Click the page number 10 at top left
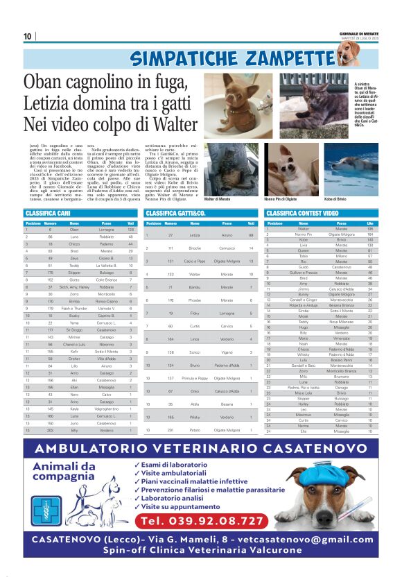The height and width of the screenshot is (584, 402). click(x=28, y=37)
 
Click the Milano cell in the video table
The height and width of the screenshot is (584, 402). click(x=341, y=255)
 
